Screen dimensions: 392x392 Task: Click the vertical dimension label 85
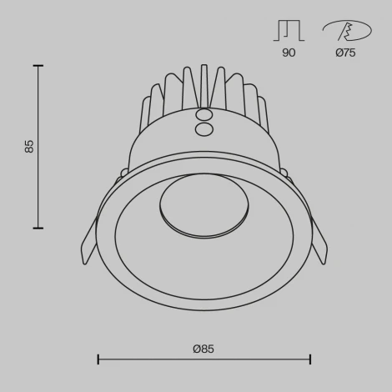pyautogui.click(x=29, y=147)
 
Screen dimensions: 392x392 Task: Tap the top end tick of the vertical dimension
pyautogui.click(x=38, y=66)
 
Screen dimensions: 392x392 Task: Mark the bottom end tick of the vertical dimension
pyautogui.click(x=38, y=227)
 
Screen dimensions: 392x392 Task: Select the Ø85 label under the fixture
pyautogui.click(x=204, y=349)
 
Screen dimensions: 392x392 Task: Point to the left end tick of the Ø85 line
pyautogui.click(x=98, y=359)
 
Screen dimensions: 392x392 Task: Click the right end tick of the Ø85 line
pyautogui.click(x=310, y=359)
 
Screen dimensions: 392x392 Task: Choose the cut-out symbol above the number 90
pyautogui.click(x=288, y=31)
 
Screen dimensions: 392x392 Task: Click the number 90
pyautogui.click(x=289, y=53)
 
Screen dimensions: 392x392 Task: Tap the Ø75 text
pyautogui.click(x=345, y=53)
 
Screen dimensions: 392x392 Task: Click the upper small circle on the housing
pyautogui.click(x=203, y=114)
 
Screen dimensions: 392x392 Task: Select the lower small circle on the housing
pyautogui.click(x=203, y=129)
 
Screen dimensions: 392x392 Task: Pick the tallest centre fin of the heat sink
pyautogui.click(x=203, y=83)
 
